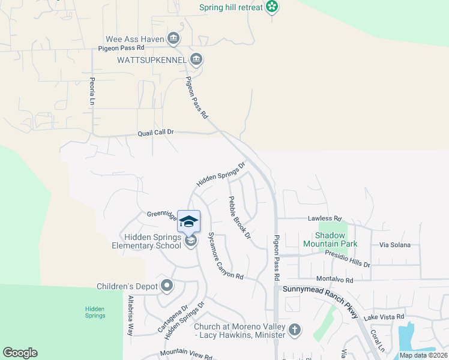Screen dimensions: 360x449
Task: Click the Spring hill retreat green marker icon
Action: [273, 7]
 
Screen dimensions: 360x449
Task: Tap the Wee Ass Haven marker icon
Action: [173, 38]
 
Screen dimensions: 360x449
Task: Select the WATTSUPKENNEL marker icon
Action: [196, 59]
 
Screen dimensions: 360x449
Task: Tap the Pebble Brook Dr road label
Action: [238, 217]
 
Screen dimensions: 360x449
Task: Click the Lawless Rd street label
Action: [325, 218]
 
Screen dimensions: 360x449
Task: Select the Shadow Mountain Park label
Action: [330, 239]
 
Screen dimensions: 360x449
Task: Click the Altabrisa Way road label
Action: [130, 316]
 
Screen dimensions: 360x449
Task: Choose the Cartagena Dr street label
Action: [169, 318]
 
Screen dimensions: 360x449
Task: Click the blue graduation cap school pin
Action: [189, 221]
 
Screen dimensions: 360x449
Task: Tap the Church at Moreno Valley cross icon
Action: [294, 329]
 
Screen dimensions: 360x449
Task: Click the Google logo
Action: [20, 353]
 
